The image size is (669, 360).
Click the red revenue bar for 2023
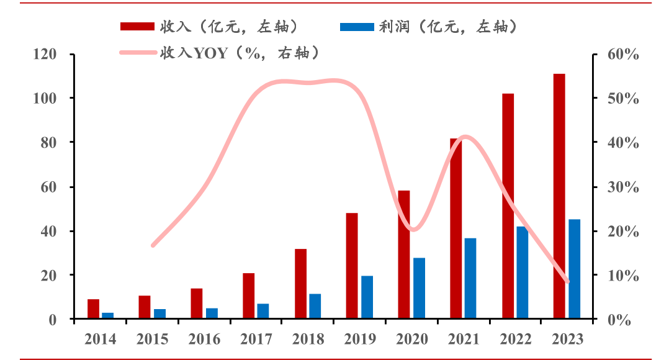pyautogui.click(x=559, y=196)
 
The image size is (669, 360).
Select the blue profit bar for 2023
pyautogui.click(x=574, y=269)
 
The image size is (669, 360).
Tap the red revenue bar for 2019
pyautogui.click(x=352, y=266)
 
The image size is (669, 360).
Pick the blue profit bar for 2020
pyautogui.click(x=419, y=288)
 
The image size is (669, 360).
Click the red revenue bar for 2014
pyautogui.click(x=93, y=309)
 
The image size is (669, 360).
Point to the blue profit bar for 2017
pyautogui.click(x=263, y=311)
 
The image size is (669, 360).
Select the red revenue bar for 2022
pyautogui.click(x=508, y=206)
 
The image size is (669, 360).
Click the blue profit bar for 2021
pyautogui.click(x=470, y=278)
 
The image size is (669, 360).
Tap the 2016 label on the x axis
pyautogui.click(x=204, y=339)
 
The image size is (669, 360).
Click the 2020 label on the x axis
pyautogui.click(x=411, y=339)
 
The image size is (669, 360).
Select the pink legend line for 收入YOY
pyautogui.click(x=137, y=52)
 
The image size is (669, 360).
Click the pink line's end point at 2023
pyautogui.click(x=567, y=281)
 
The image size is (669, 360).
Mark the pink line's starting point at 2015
pyautogui.click(x=153, y=245)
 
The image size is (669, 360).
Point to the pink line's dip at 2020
pyautogui.click(x=414, y=230)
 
